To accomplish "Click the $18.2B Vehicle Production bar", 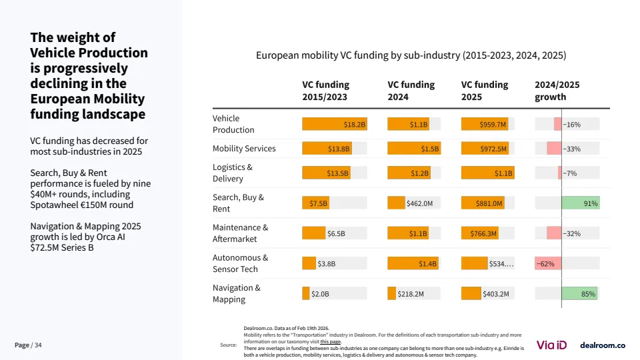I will (335, 125).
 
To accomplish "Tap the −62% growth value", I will (545, 264).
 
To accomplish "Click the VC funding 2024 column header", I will (411, 91).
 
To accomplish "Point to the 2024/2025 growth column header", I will (557, 91).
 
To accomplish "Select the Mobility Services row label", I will (244, 149).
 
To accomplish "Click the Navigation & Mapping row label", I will (237, 293).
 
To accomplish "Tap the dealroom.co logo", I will (603, 345).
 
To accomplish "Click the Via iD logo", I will (552, 345).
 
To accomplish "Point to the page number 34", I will (38, 345).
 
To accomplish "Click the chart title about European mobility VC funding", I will (411, 56).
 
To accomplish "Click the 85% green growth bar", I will (579, 294).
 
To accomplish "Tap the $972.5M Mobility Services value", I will (493, 149).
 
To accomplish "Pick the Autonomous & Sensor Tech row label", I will (241, 263).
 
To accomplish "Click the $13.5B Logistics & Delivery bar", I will (326, 173).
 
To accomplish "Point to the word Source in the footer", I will (229, 345).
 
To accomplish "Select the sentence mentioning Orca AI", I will (85, 237).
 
